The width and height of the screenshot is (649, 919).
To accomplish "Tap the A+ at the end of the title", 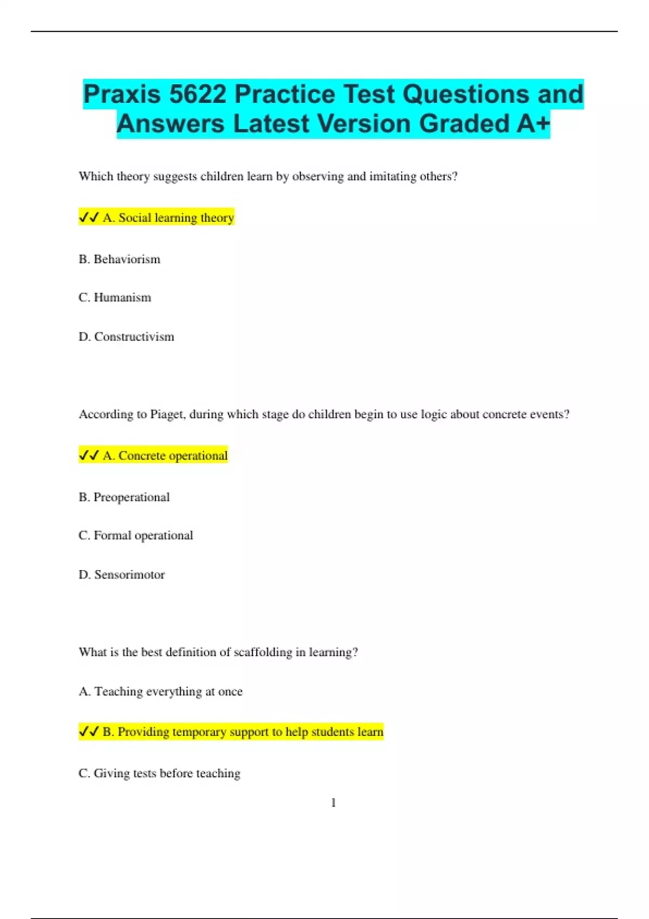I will pos(533,124).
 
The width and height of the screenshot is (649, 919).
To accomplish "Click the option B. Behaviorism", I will pos(120,259).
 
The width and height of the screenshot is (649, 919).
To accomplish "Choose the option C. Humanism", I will pos(115,298).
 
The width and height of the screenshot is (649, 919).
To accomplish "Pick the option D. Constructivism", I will pos(127,337).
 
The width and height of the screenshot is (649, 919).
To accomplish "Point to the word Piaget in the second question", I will pos(168,415).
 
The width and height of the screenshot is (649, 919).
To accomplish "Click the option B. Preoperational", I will pos(124,497).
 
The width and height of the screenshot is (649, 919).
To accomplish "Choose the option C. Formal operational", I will pos(136,536).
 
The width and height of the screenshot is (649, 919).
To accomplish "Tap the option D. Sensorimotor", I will pos(122,575).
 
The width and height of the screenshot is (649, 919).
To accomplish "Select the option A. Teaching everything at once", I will pos(161,692).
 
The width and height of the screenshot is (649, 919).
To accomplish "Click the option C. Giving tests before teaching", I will pos(160,774).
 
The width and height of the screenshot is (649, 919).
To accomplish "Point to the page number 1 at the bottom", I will pos(333,803).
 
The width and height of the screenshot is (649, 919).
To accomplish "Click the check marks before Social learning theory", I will pos(89,218).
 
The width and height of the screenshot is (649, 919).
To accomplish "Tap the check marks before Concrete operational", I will pos(89,456).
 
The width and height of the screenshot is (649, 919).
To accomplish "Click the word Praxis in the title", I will pos(122,95).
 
